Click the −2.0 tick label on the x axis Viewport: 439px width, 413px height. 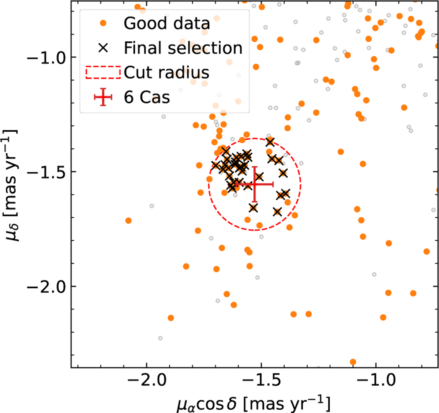coord(147,381)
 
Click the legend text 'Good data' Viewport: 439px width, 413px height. coord(167,23)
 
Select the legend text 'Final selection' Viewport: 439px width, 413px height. coord(183,48)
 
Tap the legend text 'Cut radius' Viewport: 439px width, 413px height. coord(166,72)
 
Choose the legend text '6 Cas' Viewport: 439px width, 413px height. coord(147,97)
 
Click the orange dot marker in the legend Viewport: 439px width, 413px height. coord(103,23)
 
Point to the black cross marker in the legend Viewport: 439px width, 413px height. coord(103,48)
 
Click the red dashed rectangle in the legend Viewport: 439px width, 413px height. coord(103,72)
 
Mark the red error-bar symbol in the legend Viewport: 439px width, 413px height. coord(103,97)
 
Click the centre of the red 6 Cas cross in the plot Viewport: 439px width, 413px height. coord(255,185)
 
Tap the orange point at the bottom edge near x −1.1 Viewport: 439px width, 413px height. coord(353,362)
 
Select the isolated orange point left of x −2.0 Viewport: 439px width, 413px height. coord(128,221)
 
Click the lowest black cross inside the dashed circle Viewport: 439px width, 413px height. coord(277,212)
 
